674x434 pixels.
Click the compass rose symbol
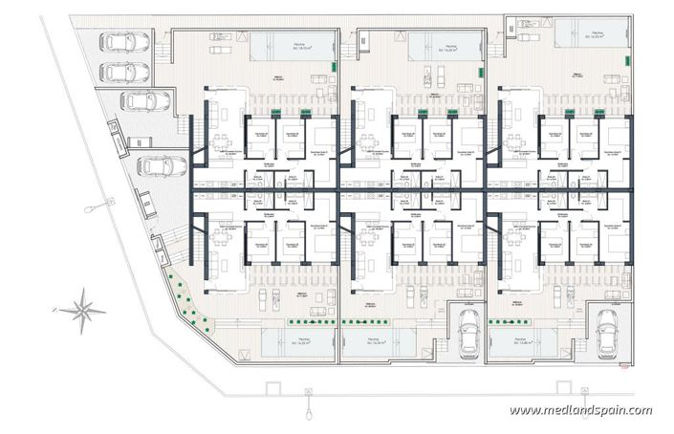(x=83, y=309)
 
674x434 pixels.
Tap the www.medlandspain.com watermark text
(x=580, y=411)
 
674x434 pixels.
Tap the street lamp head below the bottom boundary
(x=308, y=392)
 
